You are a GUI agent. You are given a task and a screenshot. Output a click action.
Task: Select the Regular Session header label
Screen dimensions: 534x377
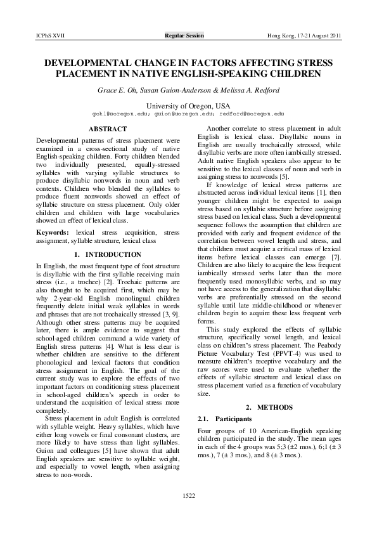(184, 36)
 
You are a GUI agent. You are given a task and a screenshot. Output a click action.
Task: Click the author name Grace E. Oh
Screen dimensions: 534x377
(118, 91)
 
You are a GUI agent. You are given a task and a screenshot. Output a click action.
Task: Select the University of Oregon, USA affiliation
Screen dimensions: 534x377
(188, 105)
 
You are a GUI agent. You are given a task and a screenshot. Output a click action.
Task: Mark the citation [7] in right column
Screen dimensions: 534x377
(338, 258)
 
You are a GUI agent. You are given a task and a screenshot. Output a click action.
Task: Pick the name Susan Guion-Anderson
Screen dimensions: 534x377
(176, 91)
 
